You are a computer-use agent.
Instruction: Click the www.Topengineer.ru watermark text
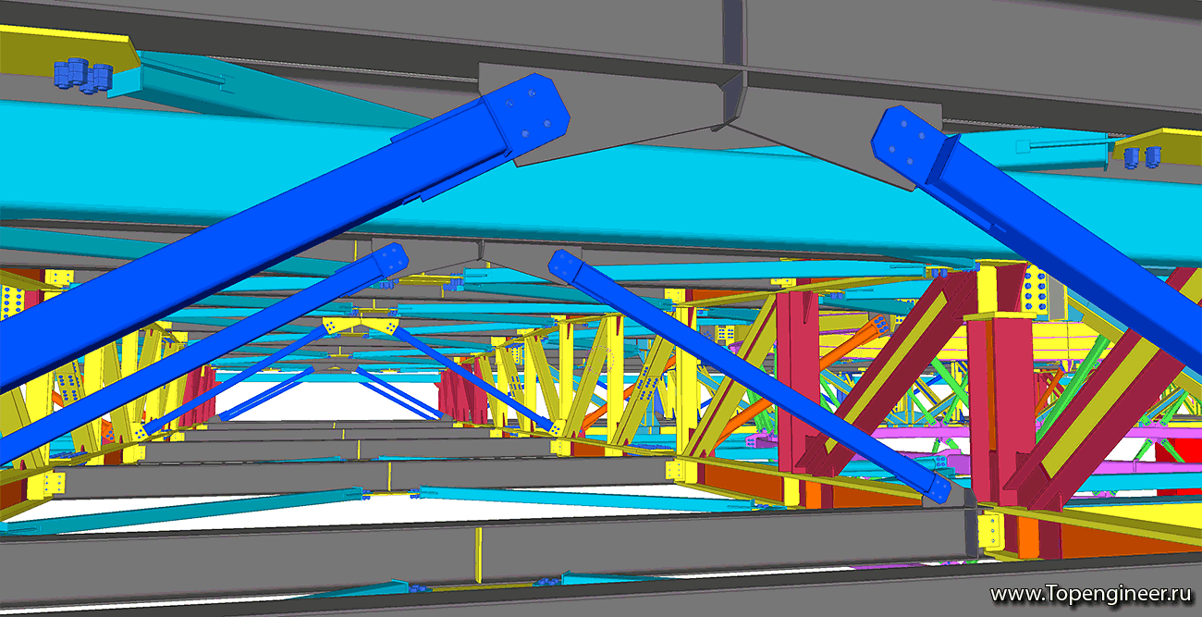(1089, 595)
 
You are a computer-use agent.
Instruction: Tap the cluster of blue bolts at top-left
(83, 75)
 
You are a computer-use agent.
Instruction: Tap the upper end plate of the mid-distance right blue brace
(563, 265)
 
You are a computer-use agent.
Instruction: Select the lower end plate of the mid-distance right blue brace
(938, 487)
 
